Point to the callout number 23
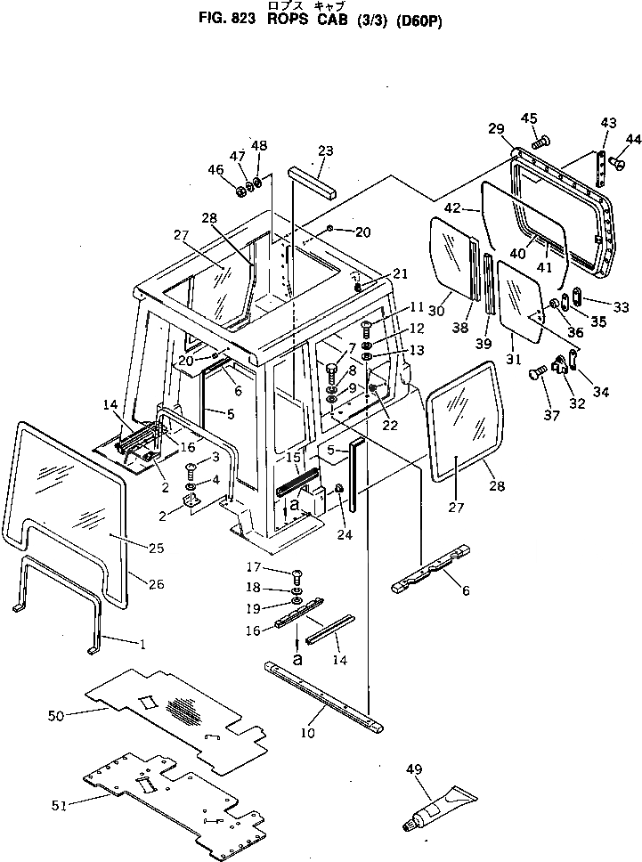[325, 150]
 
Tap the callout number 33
[621, 307]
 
